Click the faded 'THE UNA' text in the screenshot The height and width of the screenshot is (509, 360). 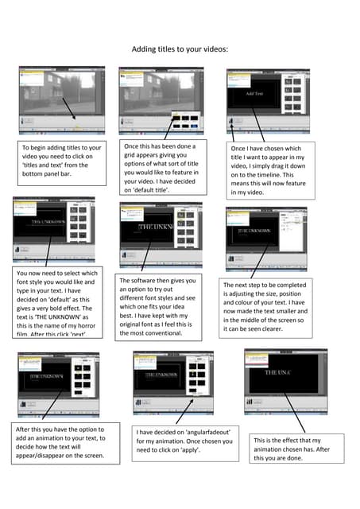(x=280, y=372)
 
